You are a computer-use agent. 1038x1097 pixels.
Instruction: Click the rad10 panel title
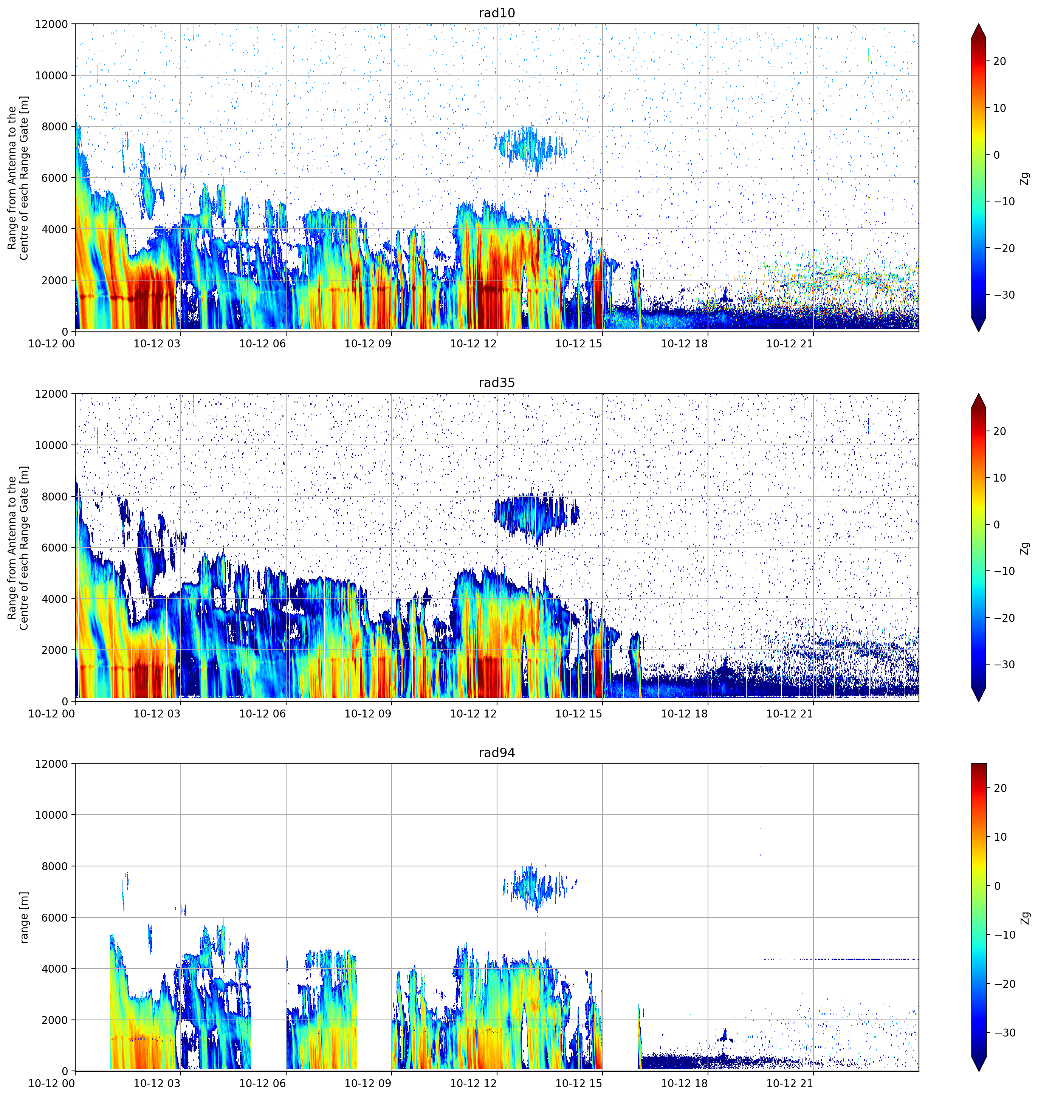pyautogui.click(x=496, y=13)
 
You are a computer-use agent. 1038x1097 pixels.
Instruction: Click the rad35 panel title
pyautogui.click(x=496, y=383)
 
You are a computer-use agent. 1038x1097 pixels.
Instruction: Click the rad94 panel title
pyautogui.click(x=496, y=753)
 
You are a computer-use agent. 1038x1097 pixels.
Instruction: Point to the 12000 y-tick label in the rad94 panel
pyautogui.click(x=51, y=764)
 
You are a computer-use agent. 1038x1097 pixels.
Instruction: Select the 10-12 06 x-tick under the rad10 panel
pyautogui.click(x=262, y=344)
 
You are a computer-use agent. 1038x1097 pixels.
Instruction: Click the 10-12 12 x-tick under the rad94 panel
pyautogui.click(x=473, y=1084)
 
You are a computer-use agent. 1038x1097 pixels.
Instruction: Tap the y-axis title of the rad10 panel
pyautogui.click(x=18, y=178)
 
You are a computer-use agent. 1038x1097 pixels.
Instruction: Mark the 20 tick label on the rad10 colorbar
pyautogui.click(x=999, y=61)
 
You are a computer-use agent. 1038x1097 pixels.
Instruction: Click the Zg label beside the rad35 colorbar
pyautogui.click(x=1025, y=548)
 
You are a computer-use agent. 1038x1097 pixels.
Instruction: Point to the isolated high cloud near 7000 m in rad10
pyautogui.click(x=534, y=147)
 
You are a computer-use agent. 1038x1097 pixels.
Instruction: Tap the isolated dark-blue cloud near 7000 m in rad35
pyautogui.click(x=536, y=517)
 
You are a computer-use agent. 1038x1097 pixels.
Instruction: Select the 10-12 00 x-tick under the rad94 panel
pyautogui.click(x=51, y=1084)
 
